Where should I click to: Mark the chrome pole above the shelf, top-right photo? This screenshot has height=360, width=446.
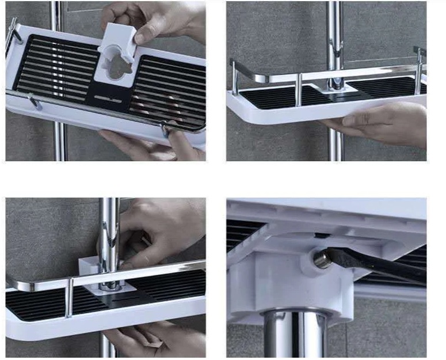click(335, 35)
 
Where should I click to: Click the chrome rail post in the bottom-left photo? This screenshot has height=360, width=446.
click(68, 297)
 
